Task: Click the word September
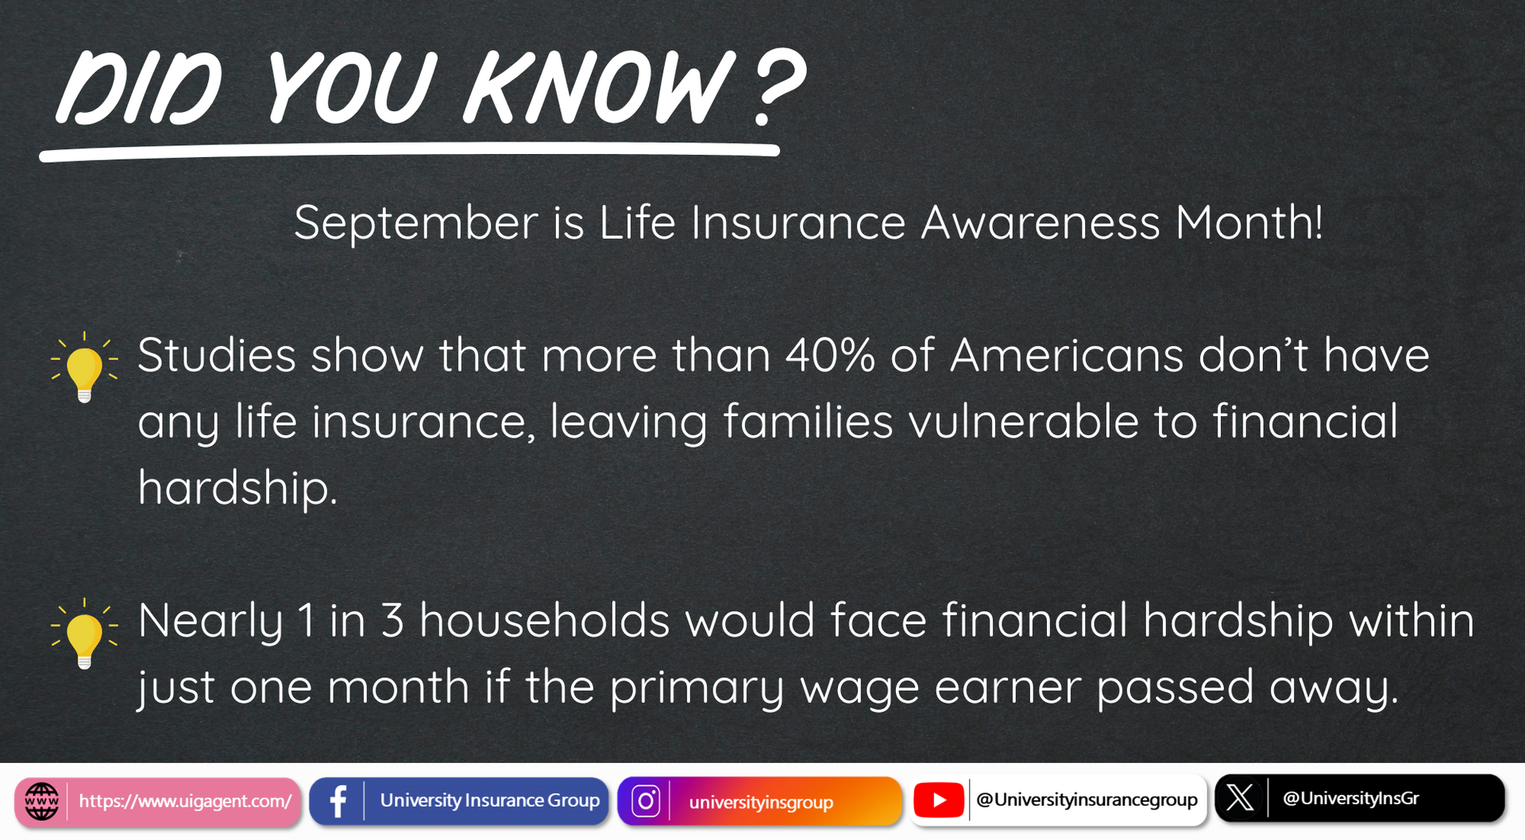pyautogui.click(x=416, y=224)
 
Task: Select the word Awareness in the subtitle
pyautogui.click(x=1040, y=222)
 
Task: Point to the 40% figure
pyautogui.click(x=830, y=355)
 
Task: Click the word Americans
pyautogui.click(x=1067, y=355)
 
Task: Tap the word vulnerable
pyautogui.click(x=1024, y=421)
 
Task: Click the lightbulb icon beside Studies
pyautogui.click(x=84, y=368)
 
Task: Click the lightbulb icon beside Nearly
pyautogui.click(x=84, y=634)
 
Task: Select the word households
pyautogui.click(x=544, y=620)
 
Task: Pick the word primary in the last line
pyautogui.click(x=697, y=688)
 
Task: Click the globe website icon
pyautogui.click(x=41, y=802)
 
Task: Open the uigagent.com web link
pyautogui.click(x=185, y=802)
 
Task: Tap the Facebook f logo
pyautogui.click(x=338, y=802)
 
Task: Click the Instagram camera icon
pyautogui.click(x=646, y=802)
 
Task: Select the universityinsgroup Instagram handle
pyautogui.click(x=761, y=803)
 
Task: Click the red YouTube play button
pyautogui.click(x=939, y=800)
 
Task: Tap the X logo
pyautogui.click(x=1240, y=798)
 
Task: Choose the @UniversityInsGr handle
pyautogui.click(x=1351, y=798)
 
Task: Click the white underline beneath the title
pyautogui.click(x=409, y=152)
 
